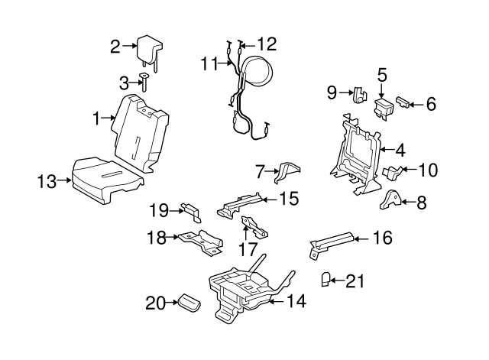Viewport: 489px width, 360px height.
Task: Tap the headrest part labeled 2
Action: [x=147, y=49]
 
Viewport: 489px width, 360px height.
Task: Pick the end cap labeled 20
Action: [x=188, y=303]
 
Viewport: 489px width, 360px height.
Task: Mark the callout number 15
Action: [x=288, y=199]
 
